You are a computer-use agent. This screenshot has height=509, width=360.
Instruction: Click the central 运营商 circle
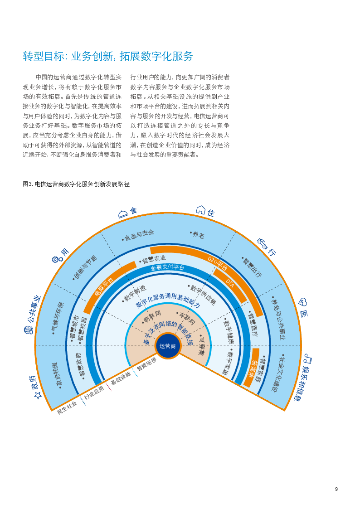(x=168, y=346)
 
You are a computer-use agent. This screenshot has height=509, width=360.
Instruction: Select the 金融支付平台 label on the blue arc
(x=168, y=268)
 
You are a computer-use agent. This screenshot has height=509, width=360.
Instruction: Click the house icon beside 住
(x=200, y=210)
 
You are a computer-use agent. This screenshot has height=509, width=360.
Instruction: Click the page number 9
(x=336, y=489)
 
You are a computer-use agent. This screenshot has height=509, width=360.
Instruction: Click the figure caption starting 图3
(x=76, y=184)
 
